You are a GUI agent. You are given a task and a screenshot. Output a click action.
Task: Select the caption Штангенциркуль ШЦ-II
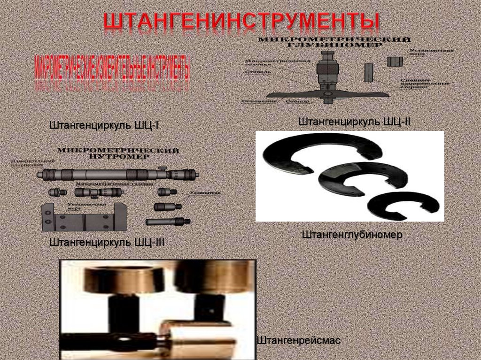354,122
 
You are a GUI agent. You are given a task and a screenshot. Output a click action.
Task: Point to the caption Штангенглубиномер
352,235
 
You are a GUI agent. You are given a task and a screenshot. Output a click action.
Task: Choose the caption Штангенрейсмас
299,340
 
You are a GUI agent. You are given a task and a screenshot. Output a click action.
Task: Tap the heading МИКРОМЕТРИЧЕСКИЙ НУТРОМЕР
118,153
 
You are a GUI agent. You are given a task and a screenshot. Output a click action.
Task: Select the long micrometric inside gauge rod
117,174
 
